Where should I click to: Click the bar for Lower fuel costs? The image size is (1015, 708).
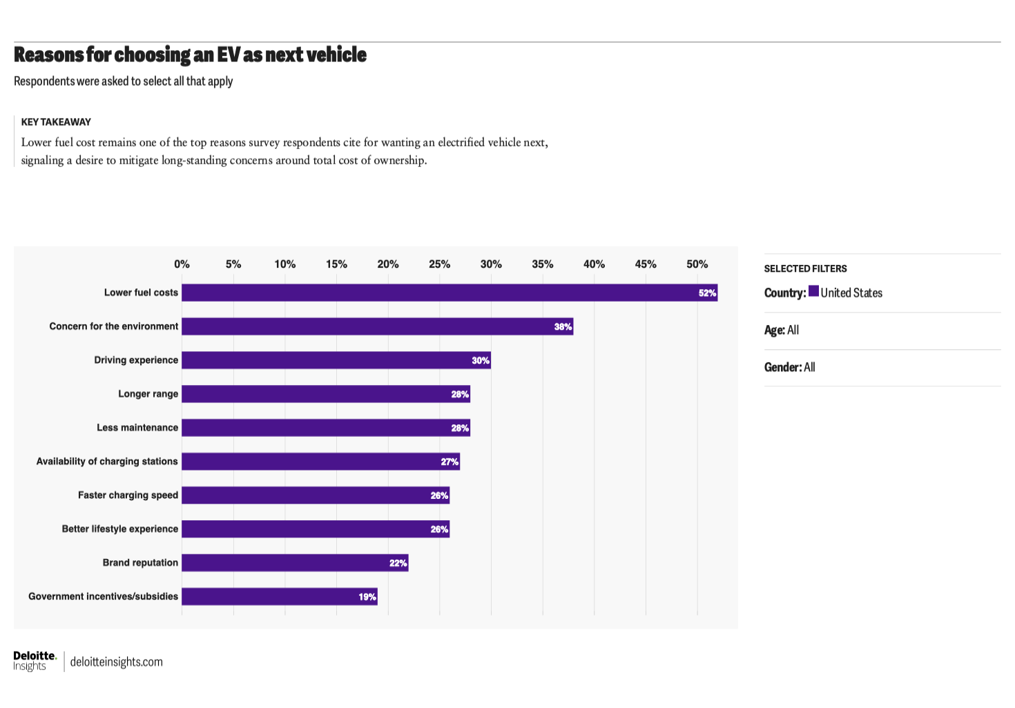(449, 293)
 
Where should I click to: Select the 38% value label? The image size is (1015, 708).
(563, 327)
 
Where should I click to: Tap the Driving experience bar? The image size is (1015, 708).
(336, 360)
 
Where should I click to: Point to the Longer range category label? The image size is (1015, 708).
(148, 394)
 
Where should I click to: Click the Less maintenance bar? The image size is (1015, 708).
(325, 428)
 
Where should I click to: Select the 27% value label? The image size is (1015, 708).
(449, 462)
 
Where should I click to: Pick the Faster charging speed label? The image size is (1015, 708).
(128, 495)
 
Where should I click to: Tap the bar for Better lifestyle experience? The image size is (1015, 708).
(315, 529)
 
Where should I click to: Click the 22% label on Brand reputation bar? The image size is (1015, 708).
(398, 563)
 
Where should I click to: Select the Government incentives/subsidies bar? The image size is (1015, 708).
(279, 597)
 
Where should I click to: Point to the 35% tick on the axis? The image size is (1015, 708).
(543, 264)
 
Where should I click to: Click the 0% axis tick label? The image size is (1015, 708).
(182, 264)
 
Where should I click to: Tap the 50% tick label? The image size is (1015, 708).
(697, 264)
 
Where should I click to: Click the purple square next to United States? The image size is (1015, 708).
(813, 291)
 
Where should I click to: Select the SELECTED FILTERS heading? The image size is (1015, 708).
(805, 269)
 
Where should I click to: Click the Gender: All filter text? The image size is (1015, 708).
(789, 368)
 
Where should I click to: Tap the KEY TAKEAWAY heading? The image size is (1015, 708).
(56, 122)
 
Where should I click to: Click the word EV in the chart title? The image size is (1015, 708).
(228, 55)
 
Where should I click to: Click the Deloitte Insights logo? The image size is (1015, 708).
(35, 660)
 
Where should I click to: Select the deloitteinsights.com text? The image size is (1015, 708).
(116, 662)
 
